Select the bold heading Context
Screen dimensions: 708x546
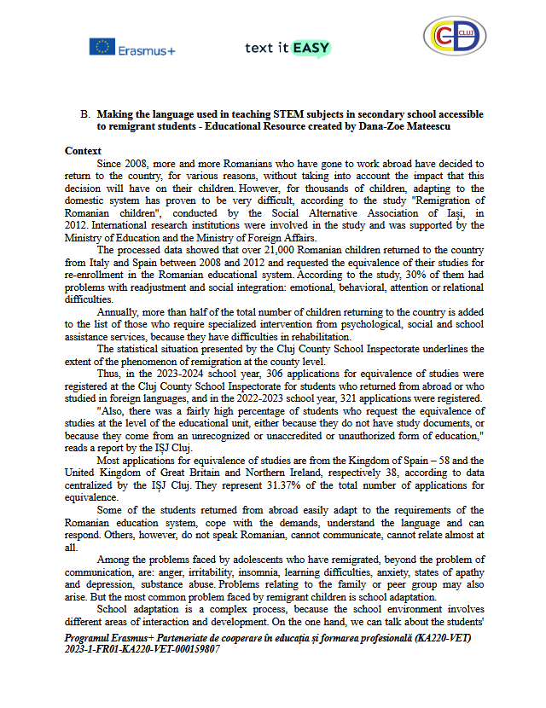(83, 150)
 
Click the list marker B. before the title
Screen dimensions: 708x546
(85, 113)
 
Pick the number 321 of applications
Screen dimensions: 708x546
(360, 398)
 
